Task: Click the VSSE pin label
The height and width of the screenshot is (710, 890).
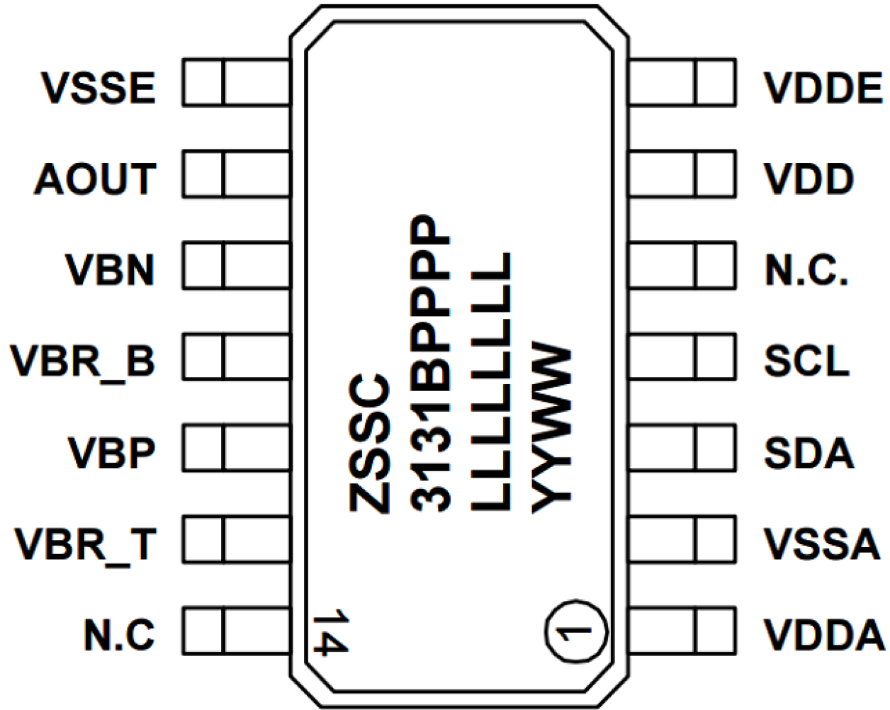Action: click(98, 88)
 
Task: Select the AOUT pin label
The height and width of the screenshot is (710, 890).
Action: click(94, 179)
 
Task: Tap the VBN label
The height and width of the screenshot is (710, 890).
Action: click(110, 270)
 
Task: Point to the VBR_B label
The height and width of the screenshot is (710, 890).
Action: click(82, 361)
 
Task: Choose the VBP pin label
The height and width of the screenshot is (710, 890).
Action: click(111, 452)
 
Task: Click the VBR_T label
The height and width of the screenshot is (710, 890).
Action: click(85, 543)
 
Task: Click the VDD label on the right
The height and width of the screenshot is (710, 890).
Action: click(809, 179)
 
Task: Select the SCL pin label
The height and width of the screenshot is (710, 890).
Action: click(806, 361)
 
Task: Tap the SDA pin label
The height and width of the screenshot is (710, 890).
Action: click(809, 452)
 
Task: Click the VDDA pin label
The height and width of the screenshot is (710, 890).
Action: click(824, 634)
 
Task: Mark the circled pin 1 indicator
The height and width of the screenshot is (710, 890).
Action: click(575, 631)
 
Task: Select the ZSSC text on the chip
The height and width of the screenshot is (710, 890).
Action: click(369, 442)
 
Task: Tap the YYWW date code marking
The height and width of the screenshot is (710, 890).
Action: click(551, 429)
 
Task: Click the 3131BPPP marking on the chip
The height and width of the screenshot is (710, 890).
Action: click(430, 362)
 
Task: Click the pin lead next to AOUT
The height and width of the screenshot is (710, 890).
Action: click(236, 174)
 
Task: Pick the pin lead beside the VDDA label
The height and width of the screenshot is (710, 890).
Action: click(681, 630)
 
